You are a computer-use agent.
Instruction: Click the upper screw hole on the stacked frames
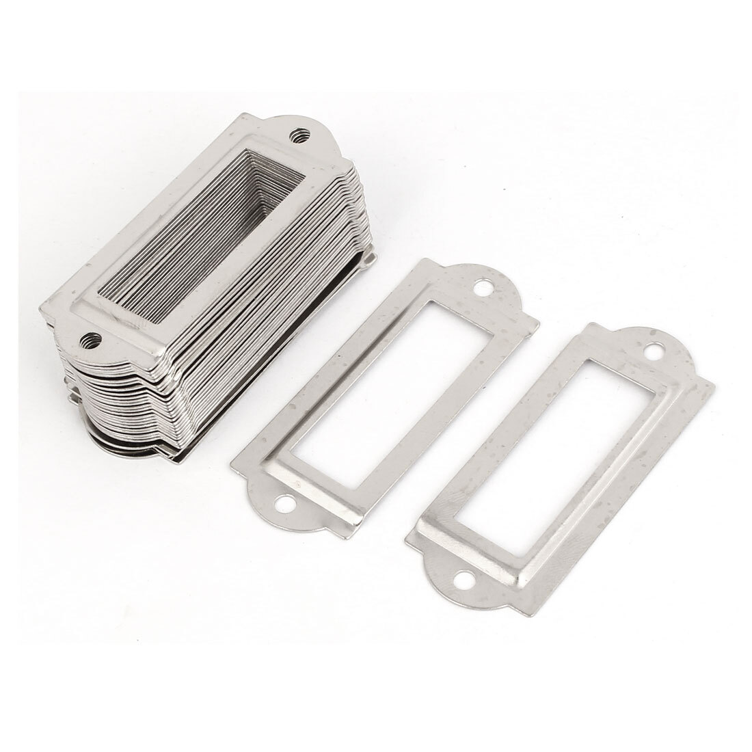click(x=299, y=134)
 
